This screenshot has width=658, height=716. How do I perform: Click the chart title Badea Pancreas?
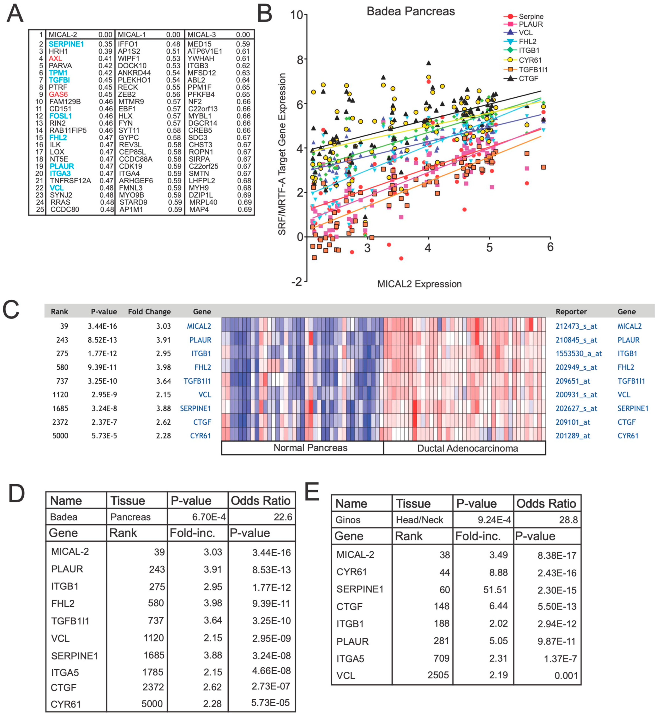[411, 11]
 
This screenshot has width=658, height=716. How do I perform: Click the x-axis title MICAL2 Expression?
[419, 284]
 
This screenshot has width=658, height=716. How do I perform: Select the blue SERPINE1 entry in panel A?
[66, 44]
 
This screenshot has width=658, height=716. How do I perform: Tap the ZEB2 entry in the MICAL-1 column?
[127, 94]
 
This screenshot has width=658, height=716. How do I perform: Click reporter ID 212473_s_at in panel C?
[576, 326]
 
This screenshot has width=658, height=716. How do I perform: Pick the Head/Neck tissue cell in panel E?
[419, 520]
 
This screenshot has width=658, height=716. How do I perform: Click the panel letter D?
[16, 494]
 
